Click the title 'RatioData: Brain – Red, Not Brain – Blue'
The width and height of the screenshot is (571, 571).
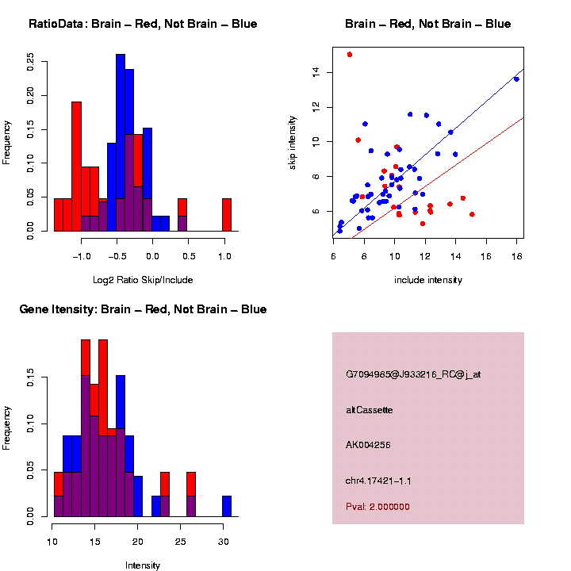point(143,24)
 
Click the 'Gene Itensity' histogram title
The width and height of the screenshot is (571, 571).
point(143,309)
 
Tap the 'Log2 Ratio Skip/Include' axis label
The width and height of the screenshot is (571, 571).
point(143,279)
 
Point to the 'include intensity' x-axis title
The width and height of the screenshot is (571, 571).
point(428,279)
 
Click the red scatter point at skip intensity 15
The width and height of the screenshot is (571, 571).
point(350,55)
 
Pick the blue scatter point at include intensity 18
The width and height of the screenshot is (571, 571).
point(516,79)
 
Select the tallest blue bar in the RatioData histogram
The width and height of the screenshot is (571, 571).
point(121,143)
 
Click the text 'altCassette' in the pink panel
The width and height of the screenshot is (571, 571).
point(370,410)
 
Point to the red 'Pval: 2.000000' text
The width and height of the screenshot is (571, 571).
point(377,507)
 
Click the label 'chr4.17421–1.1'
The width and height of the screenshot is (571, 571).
point(378,481)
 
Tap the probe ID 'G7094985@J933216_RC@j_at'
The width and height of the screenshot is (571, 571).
point(412,374)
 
